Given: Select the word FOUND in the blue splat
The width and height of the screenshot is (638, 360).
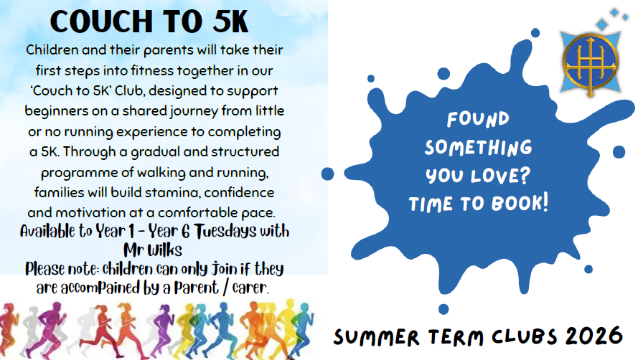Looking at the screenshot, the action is click(478, 119).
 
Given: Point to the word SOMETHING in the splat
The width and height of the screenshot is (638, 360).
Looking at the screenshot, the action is click(479, 147).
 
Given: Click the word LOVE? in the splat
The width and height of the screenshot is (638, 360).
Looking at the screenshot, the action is click(500, 176).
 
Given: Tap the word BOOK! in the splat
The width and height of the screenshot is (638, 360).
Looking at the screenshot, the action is click(520, 203).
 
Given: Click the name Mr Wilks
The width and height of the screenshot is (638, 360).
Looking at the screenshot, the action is click(153, 250).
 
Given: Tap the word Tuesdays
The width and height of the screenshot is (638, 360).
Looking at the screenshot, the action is click(225, 232).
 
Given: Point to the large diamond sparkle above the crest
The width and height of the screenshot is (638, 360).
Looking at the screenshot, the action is click(602, 24).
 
